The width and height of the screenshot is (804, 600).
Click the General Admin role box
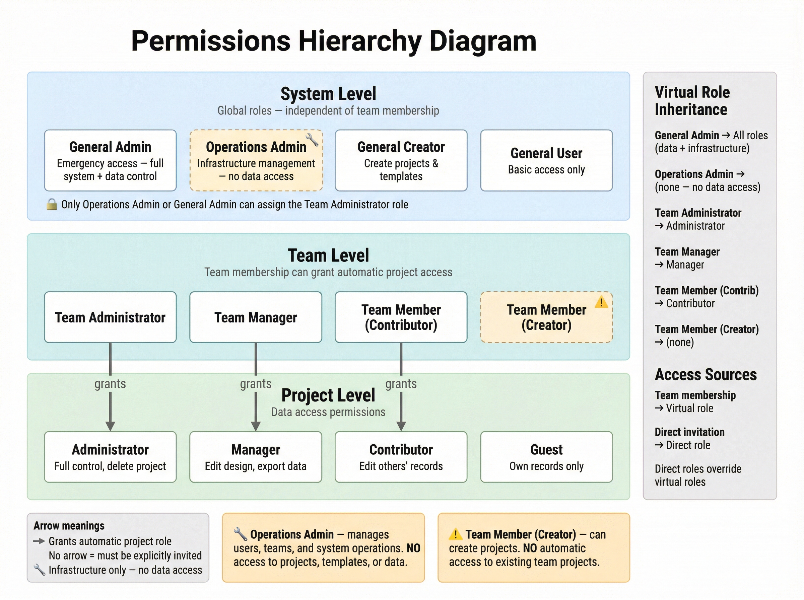(110, 160)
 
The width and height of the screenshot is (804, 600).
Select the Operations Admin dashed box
(256, 160)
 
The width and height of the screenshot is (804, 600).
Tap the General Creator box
(401, 160)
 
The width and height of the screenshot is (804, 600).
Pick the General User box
(546, 160)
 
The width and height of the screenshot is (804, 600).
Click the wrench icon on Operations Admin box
(312, 139)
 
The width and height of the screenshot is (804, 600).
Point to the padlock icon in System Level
(52, 204)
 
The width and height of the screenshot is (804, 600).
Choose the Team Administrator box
(110, 317)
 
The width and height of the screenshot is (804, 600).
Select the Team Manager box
(256, 317)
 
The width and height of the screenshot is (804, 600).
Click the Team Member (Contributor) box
(401, 317)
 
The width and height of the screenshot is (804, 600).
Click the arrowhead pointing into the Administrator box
(110, 426)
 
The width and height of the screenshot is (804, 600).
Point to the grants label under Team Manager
(256, 384)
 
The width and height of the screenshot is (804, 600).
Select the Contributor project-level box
(401, 457)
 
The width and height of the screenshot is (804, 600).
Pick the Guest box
(546, 457)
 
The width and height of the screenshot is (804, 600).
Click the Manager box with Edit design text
(256, 457)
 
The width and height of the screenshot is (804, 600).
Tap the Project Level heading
(328, 395)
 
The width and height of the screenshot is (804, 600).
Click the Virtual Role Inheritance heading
(692, 100)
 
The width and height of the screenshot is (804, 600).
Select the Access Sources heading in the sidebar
(706, 374)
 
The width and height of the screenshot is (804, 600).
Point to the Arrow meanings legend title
(69, 526)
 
